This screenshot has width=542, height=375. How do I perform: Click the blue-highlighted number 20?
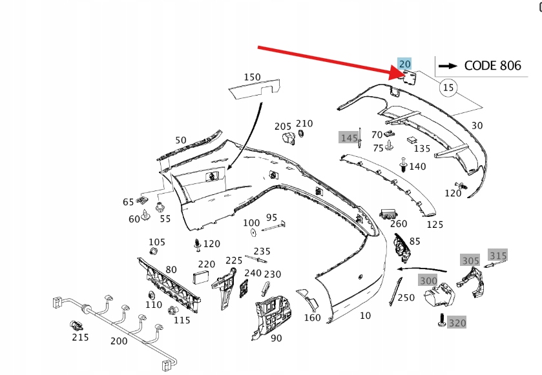click(404, 63)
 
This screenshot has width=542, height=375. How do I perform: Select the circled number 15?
click(448, 87)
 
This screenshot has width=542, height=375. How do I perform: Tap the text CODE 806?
click(483, 65)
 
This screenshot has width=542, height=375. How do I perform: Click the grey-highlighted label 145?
click(349, 137)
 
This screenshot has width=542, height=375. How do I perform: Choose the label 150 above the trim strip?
click(252, 77)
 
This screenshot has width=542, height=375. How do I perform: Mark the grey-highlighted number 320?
click(457, 323)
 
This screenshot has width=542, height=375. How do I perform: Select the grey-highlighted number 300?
click(428, 280)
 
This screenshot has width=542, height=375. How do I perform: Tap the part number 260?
click(399, 224)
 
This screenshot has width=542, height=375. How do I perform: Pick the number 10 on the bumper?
click(366, 315)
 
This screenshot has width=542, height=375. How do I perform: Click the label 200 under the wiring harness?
click(120, 341)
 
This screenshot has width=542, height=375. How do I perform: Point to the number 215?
click(80, 337)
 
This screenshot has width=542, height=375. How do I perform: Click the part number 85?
click(415, 241)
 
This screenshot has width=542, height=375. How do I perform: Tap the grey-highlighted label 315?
click(497, 255)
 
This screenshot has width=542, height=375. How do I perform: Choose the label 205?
click(283, 126)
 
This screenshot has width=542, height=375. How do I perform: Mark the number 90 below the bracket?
click(276, 338)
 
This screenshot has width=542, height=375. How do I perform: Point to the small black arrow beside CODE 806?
click(446, 65)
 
